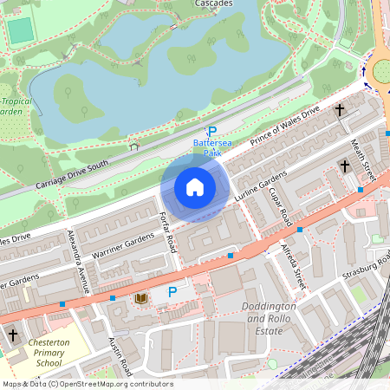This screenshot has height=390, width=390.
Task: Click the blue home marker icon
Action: (x=195, y=187)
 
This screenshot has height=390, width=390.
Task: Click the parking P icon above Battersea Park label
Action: (x=211, y=131)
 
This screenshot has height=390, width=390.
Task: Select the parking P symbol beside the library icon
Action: (x=172, y=293)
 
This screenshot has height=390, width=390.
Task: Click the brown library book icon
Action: (x=140, y=298)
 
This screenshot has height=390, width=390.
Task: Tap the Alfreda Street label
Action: (x=296, y=265)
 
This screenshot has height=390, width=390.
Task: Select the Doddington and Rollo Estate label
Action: (x=269, y=319)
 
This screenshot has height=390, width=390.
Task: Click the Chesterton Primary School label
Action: (x=55, y=354)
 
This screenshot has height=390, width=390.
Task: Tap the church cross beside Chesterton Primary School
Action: (x=12, y=334)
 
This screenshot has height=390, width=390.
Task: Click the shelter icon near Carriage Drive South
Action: (x=133, y=146)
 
